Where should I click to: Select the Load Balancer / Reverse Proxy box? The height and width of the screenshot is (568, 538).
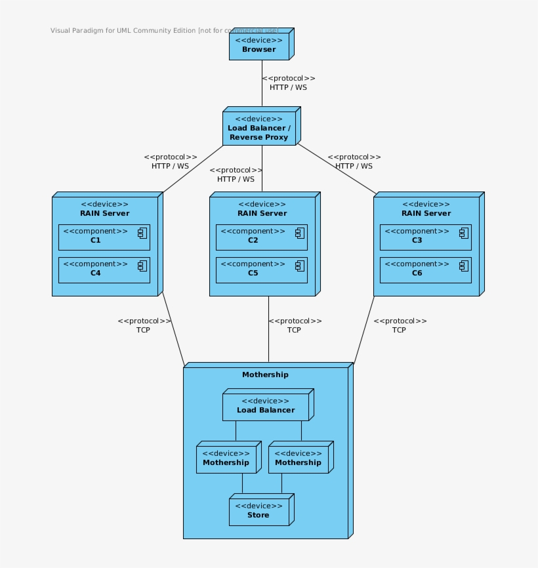click(259, 129)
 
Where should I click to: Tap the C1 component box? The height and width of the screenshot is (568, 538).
click(104, 237)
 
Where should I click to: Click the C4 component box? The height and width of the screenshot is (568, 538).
click(104, 270)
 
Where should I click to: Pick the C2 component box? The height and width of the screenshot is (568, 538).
click(261, 237)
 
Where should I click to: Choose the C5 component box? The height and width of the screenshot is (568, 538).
click(261, 270)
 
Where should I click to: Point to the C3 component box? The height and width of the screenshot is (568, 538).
click(425, 237)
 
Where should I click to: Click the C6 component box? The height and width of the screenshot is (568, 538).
click(425, 270)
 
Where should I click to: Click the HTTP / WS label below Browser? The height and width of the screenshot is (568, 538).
click(288, 87)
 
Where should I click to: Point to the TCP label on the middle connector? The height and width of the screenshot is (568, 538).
click(294, 330)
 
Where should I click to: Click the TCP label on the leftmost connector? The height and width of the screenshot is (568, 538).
click(143, 330)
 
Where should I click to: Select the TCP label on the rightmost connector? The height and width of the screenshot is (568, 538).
click(399, 330)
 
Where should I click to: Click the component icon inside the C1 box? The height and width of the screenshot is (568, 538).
click(141, 233)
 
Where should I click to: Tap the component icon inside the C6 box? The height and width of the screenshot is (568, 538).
click(463, 266)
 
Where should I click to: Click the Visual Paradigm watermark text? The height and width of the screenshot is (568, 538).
click(164, 30)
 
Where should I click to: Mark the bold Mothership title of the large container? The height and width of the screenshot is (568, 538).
click(265, 375)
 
